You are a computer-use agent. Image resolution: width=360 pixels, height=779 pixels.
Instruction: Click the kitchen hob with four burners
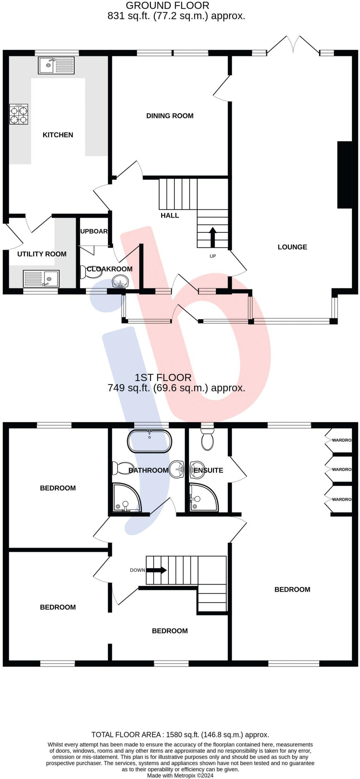tap(19, 114)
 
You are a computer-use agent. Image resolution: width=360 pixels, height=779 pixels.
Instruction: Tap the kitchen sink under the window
tap(56, 65)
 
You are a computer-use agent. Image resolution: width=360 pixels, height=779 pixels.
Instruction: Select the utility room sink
tap(41, 278)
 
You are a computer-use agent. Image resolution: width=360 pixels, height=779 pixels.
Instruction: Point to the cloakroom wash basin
tap(121, 282)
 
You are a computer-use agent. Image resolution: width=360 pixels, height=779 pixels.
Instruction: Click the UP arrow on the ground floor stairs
tap(213, 238)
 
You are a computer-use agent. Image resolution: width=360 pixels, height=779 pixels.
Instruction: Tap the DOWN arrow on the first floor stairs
tap(156, 570)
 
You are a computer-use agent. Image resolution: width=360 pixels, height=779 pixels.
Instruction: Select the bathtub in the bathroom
tap(150, 441)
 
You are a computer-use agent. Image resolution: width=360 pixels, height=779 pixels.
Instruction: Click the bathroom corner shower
tap(127, 498)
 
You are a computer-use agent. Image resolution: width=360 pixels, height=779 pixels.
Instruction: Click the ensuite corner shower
tap(204, 497)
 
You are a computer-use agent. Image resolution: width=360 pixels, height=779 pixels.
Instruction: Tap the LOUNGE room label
tap(292, 247)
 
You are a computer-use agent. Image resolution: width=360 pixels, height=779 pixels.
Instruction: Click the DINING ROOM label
tap(170, 116)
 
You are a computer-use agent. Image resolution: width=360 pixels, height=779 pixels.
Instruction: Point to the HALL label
tap(170, 215)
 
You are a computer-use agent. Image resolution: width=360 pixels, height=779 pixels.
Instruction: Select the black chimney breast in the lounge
tap(344, 175)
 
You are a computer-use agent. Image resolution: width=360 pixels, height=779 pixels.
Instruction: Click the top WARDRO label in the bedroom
tap(342, 440)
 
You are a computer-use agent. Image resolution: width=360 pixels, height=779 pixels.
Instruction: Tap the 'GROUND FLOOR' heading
tap(168, 6)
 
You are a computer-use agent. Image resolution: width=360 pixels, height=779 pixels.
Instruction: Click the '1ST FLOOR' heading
tap(163, 377)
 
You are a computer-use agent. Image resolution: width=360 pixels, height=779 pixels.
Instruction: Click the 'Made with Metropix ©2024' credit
tap(180, 775)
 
